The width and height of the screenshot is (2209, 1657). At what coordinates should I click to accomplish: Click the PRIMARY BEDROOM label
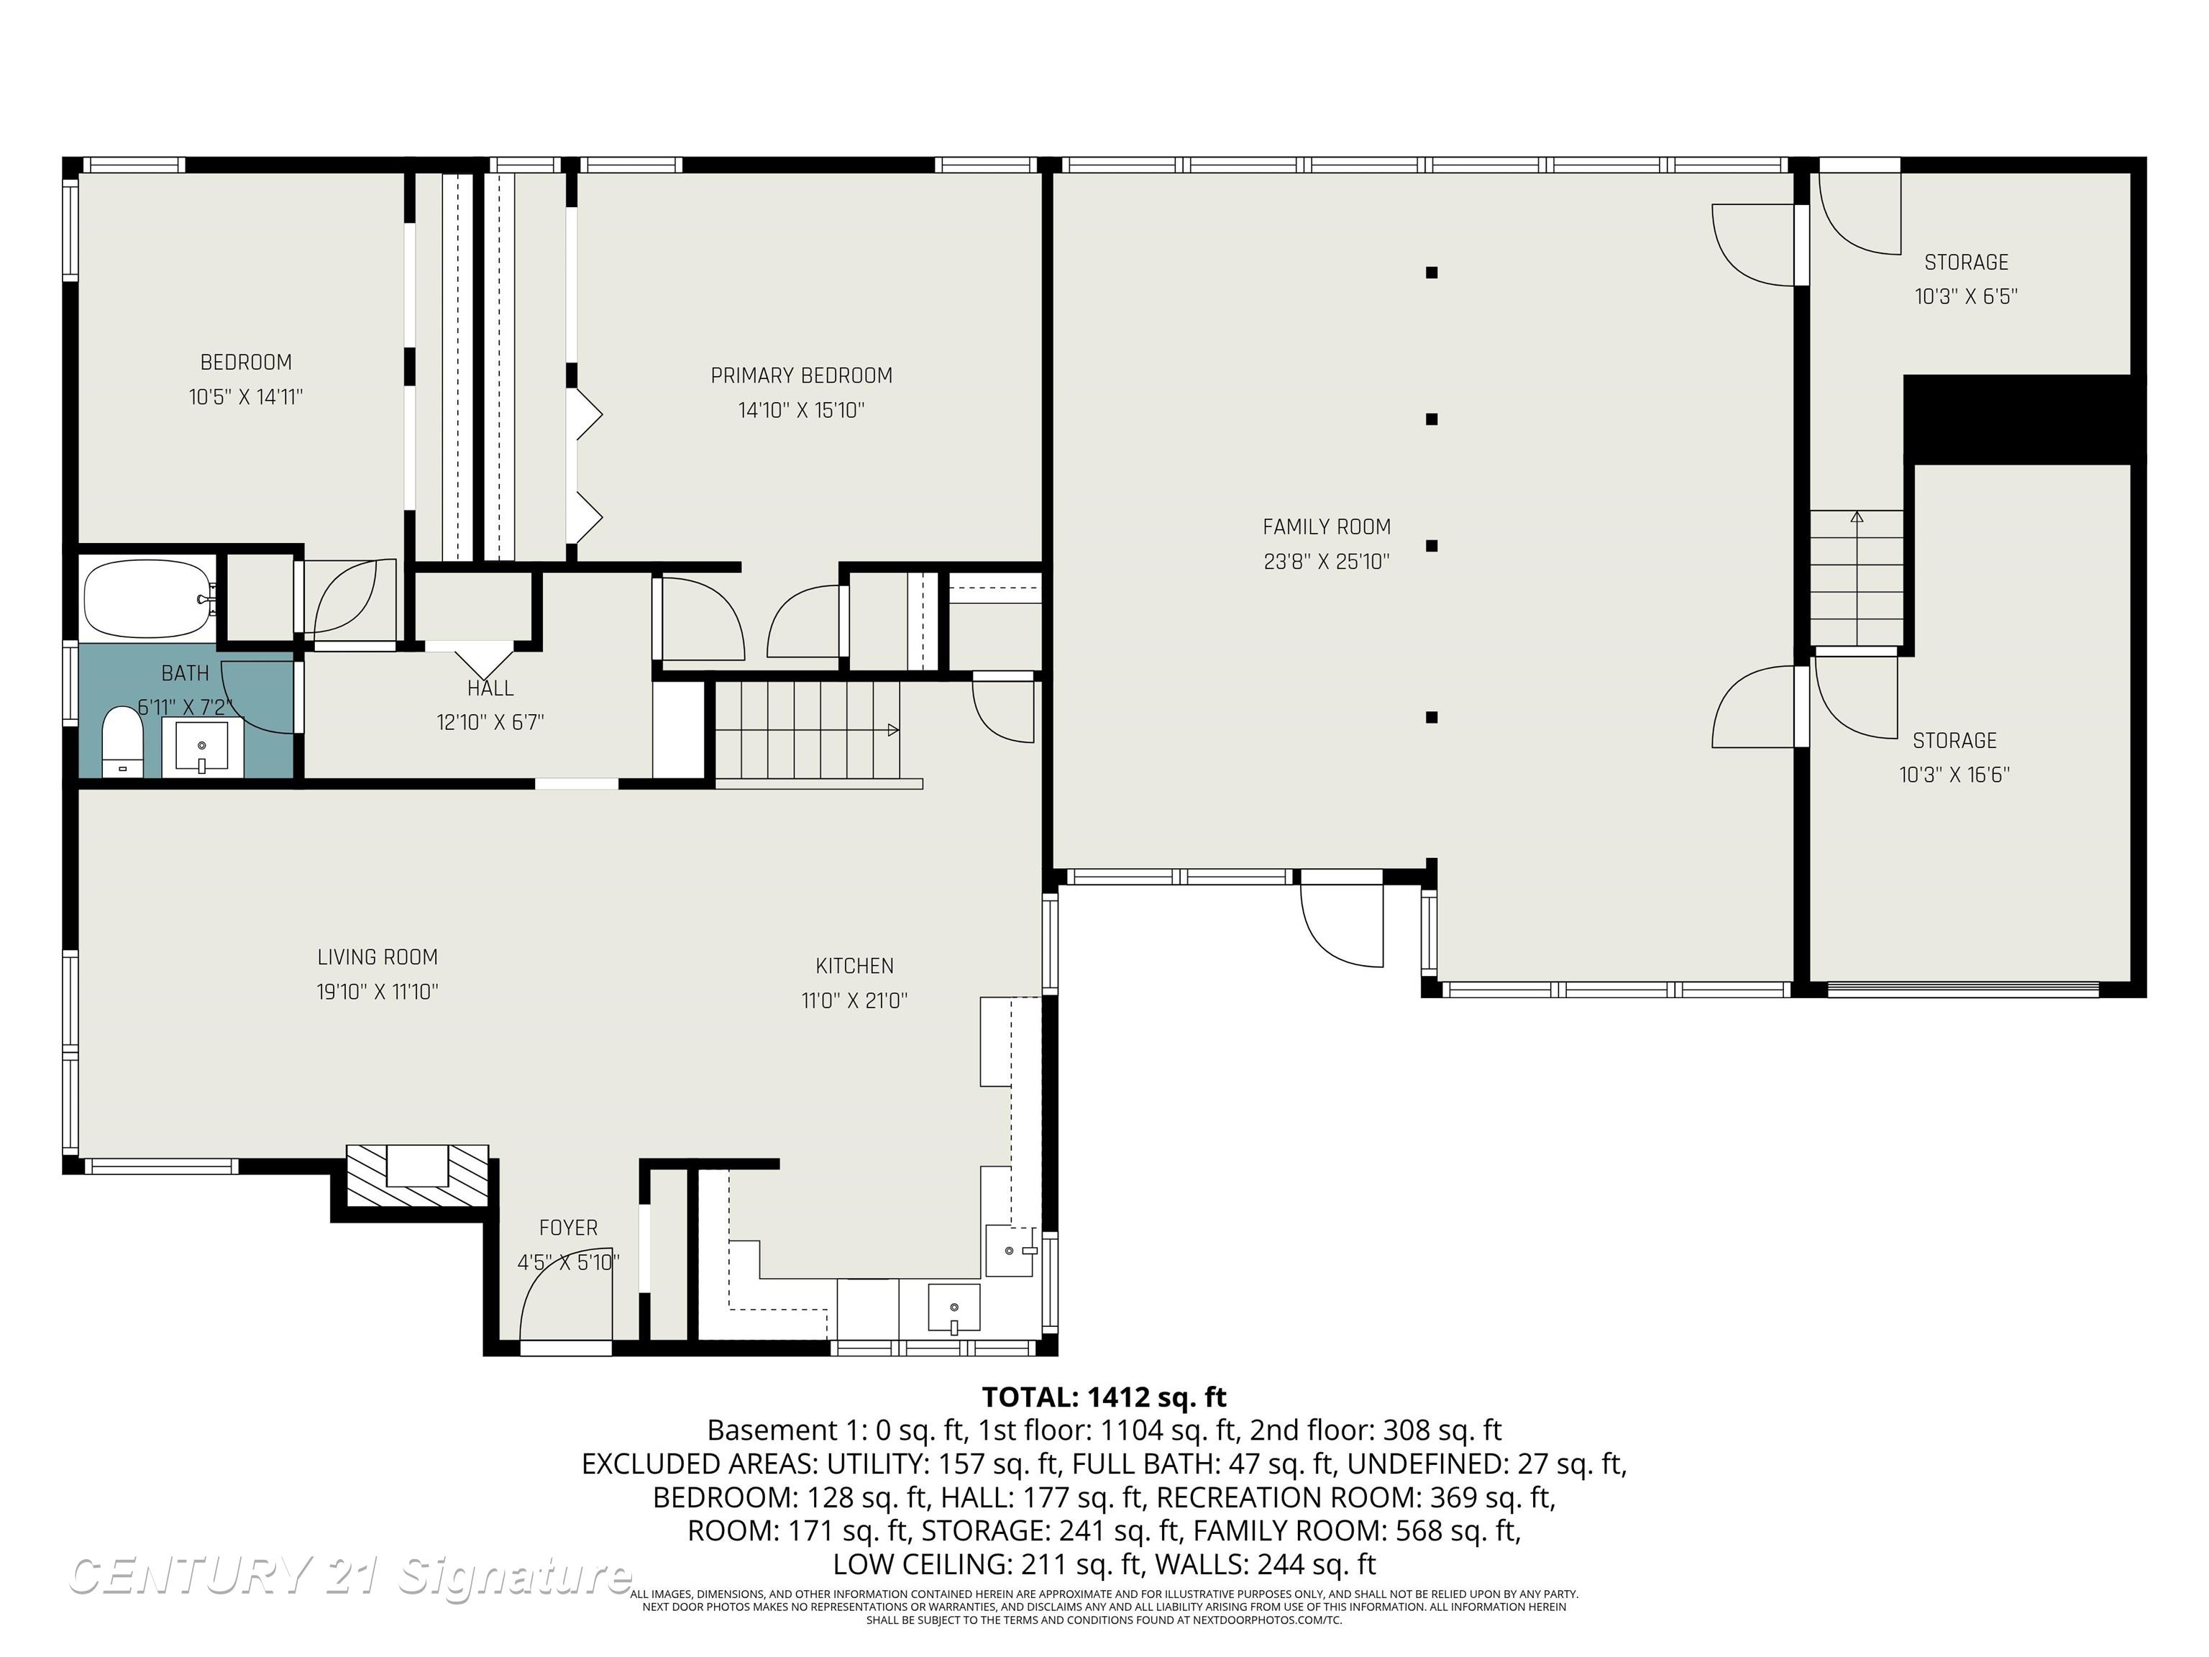tap(801, 375)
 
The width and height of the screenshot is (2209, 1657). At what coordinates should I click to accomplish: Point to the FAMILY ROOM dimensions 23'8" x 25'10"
tap(1326, 561)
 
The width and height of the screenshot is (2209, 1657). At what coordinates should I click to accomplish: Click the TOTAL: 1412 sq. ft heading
tap(1104, 1397)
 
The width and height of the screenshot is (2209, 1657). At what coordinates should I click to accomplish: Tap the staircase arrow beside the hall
tap(893, 730)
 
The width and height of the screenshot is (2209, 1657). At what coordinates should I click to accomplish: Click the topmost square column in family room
tap(1431, 272)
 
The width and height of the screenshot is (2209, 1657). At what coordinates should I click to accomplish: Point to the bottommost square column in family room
tap(1431, 717)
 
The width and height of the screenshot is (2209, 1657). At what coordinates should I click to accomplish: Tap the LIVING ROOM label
tap(378, 957)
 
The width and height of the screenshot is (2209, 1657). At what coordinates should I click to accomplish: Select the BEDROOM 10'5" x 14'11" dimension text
tap(246, 396)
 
